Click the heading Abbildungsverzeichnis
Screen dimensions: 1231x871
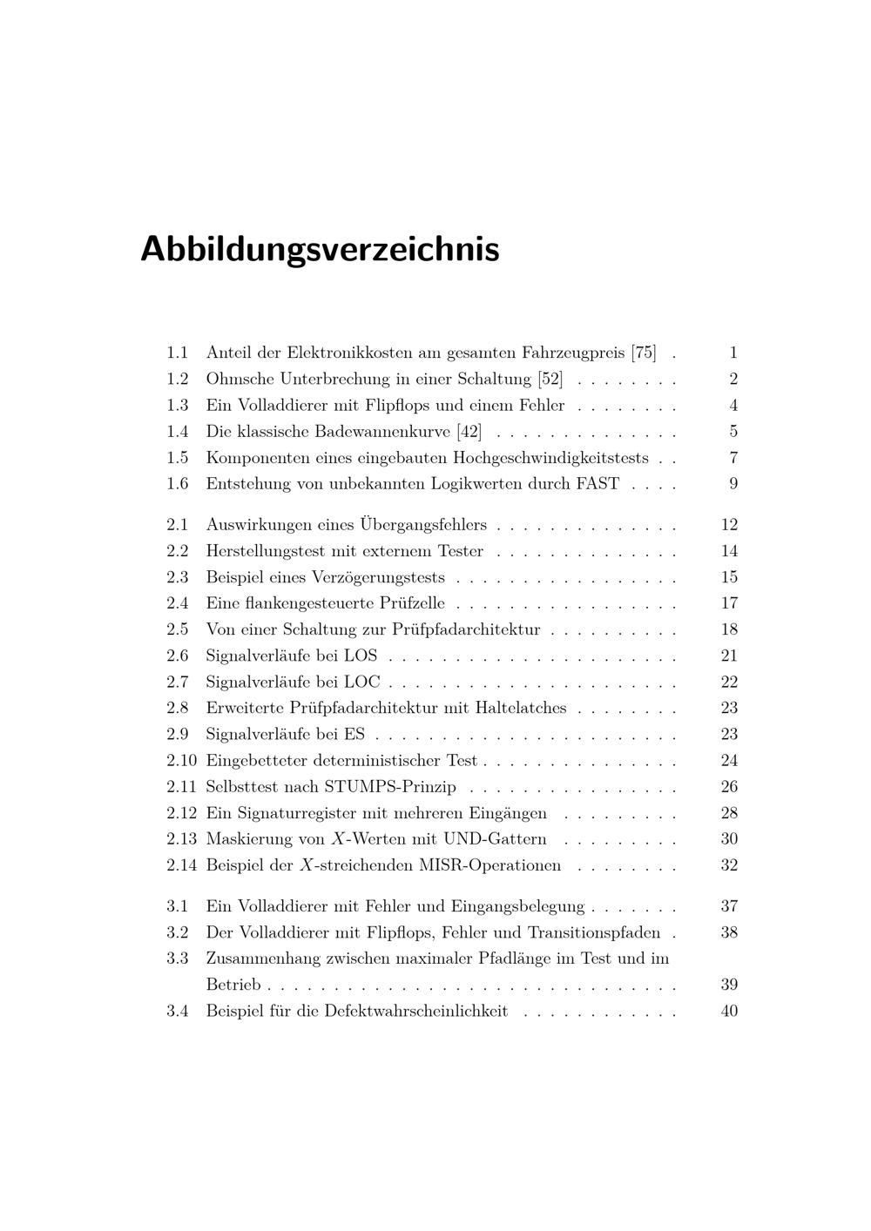pos(320,249)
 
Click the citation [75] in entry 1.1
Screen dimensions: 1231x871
pos(644,353)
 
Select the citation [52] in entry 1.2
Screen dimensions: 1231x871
pos(550,379)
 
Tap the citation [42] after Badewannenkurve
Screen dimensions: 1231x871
pos(469,431)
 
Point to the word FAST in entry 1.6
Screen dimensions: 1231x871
pos(598,483)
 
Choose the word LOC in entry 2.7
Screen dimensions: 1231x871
pos(362,682)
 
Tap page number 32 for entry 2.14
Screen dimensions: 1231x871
pos(729,864)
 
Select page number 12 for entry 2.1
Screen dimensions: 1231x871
pos(729,524)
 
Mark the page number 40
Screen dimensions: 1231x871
pos(729,1011)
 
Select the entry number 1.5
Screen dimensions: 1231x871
pos(178,457)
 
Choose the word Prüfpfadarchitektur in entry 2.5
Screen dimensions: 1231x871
pos(466,629)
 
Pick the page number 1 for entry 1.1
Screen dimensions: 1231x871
pos(733,353)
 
